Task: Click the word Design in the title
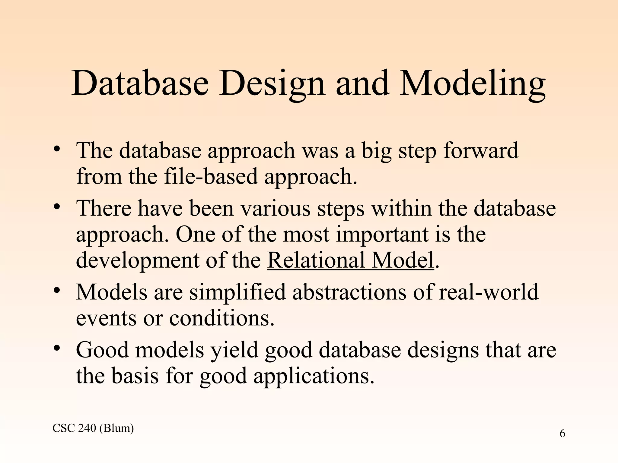272,83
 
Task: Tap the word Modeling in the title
472,83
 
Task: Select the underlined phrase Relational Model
350,260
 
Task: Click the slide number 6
562,434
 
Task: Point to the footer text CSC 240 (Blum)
93,428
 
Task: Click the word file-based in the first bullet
211,176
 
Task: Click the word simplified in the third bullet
237,292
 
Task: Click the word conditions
221,318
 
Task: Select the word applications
314,377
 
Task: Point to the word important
382,235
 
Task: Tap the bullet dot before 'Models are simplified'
57,291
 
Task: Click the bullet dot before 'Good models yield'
57,349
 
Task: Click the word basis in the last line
135,376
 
